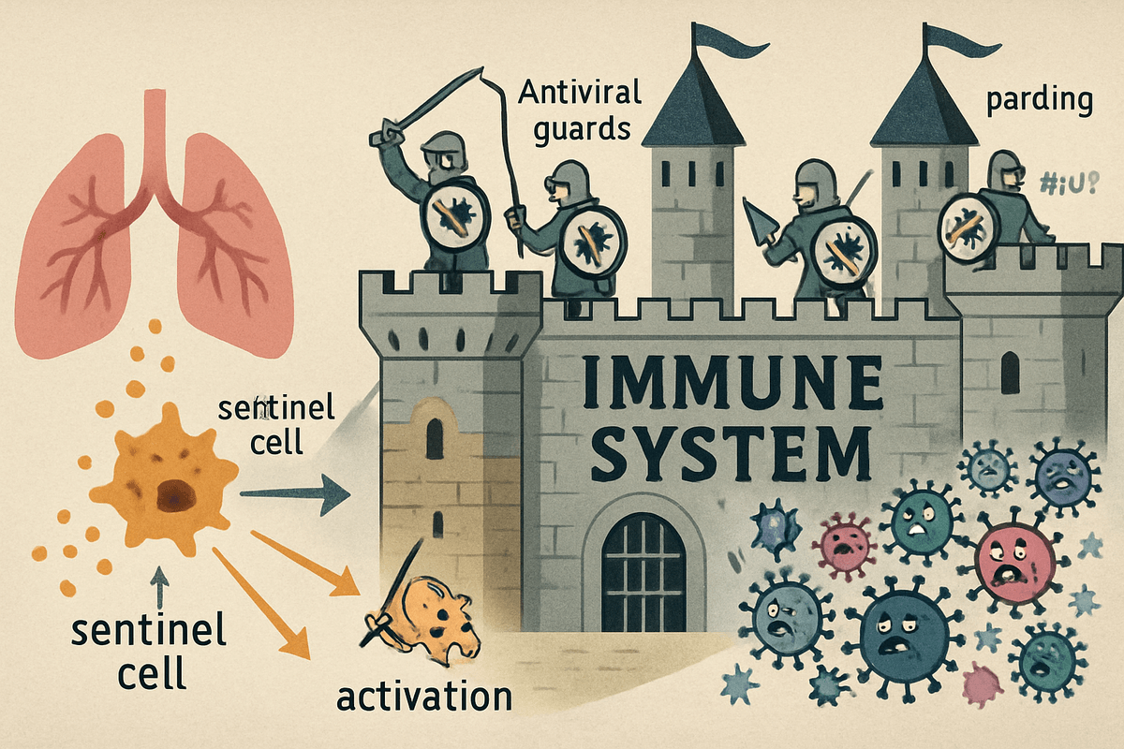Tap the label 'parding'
coord(1039,100)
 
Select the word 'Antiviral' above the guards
coord(580,93)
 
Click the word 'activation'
coord(425,697)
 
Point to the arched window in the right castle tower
coord(1010,374)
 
